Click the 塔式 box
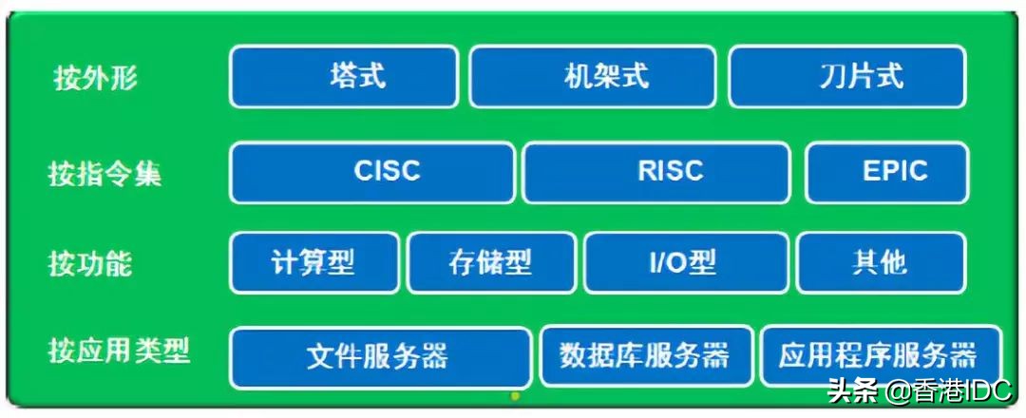pos(344,76)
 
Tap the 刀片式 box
pos(847,76)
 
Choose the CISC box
pos(373,172)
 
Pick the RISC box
pos(656,172)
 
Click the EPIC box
pos(887,172)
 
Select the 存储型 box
pos(491,262)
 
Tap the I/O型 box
pos(686,262)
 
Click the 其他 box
pos(881,262)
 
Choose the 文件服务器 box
pos(380,356)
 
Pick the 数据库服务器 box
pos(646,356)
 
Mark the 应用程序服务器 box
pos(880,356)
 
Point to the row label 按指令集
pos(104,174)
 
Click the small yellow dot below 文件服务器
pos(515,394)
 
